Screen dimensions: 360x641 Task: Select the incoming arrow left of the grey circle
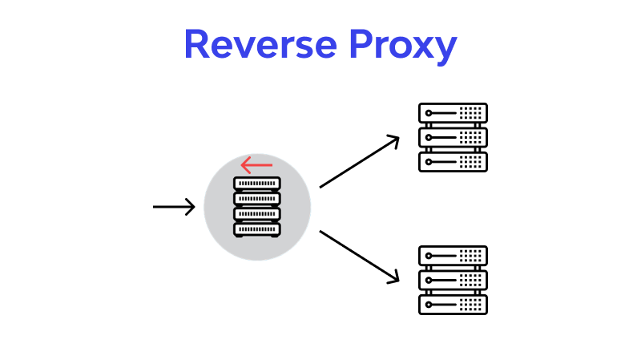pos(173,207)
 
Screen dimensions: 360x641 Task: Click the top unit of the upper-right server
pos(453,112)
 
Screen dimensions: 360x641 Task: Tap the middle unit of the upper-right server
pos(453,137)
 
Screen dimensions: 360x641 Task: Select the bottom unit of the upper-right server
pos(453,161)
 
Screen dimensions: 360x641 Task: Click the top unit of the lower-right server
pos(453,256)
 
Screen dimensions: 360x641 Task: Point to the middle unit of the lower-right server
pos(453,280)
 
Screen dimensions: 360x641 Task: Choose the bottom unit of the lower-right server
pos(453,304)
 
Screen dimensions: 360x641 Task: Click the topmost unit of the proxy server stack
pos(257,184)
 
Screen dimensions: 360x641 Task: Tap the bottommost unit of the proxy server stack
pos(257,229)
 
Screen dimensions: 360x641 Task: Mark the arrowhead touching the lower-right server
pos(393,277)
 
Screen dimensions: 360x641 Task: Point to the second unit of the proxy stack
pos(257,199)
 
